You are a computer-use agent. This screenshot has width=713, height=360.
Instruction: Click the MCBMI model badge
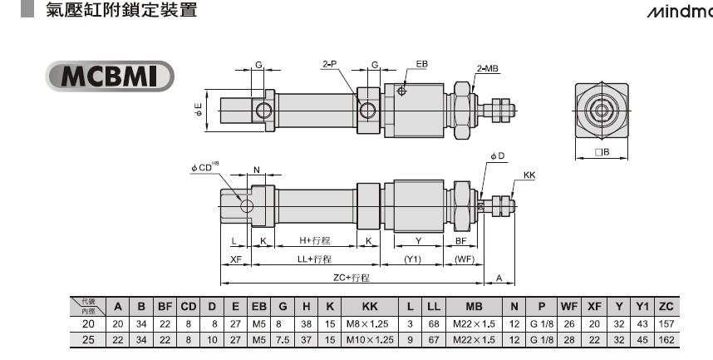tap(110, 76)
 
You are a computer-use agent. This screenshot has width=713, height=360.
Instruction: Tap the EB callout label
tap(422, 64)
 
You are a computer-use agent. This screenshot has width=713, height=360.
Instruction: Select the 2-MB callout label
tap(488, 69)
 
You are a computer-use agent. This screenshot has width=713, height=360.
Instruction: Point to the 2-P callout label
tap(330, 64)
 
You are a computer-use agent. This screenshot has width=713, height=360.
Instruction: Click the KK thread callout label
tap(529, 175)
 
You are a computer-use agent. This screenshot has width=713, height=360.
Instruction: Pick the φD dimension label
tap(498, 156)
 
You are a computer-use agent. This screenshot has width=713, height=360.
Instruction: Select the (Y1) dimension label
tap(412, 259)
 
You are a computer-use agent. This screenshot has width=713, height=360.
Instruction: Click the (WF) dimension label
tap(465, 259)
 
